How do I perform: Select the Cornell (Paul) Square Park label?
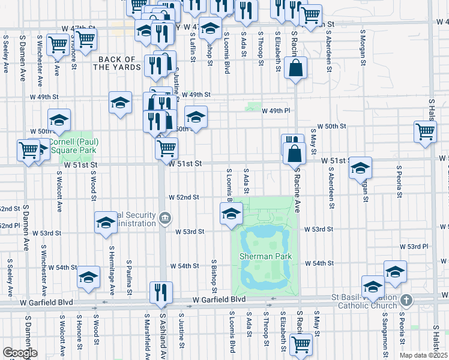point(73,146)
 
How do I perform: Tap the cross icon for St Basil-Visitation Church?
point(406,299)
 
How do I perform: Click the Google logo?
point(20,353)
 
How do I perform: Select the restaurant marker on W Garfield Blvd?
point(161,292)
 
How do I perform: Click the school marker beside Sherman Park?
point(231,213)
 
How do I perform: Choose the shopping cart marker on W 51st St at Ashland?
point(166,148)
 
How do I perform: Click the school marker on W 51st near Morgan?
point(360,167)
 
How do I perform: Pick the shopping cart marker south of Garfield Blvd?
point(300,344)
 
